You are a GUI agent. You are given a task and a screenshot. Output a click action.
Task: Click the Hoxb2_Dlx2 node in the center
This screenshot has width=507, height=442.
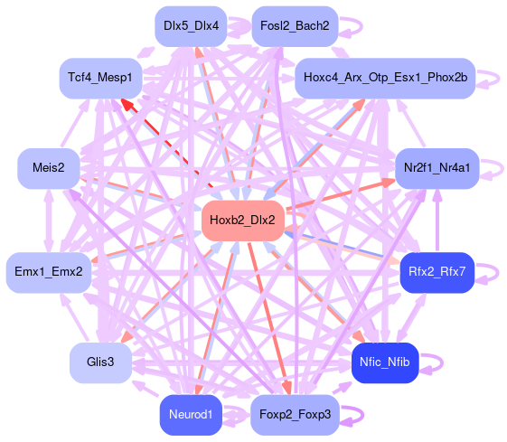(242, 221)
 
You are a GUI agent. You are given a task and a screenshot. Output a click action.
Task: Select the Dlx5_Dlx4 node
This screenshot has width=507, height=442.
(191, 26)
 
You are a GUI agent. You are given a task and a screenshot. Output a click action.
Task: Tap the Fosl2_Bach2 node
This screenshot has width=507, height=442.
(295, 26)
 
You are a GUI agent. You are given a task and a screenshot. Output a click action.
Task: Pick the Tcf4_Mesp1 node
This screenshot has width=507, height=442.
(100, 79)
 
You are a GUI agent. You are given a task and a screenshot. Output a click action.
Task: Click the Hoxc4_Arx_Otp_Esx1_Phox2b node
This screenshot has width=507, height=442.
(385, 79)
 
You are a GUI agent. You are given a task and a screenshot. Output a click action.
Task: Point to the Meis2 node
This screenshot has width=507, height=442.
(49, 168)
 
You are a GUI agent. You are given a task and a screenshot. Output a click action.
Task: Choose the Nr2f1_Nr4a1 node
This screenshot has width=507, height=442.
(437, 168)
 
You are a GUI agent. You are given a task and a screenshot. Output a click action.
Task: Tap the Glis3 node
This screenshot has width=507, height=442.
(100, 362)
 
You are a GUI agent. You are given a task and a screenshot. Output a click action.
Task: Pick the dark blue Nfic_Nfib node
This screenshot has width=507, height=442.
(385, 362)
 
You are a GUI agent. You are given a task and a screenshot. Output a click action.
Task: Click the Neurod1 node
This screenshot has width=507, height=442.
(191, 415)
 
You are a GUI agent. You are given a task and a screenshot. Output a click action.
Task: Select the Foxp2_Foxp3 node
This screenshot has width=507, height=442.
(295, 415)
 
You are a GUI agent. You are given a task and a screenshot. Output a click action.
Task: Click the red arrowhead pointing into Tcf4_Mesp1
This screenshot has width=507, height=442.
(127, 104)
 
